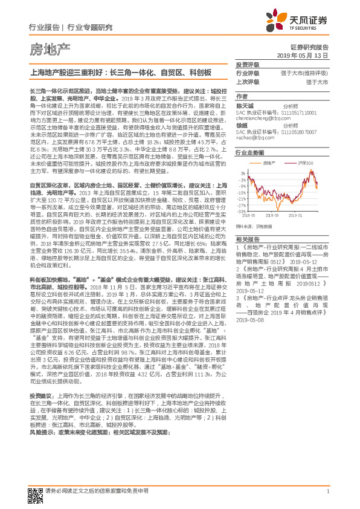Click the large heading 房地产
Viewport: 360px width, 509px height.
(50, 48)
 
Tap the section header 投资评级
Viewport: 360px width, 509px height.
(246, 65)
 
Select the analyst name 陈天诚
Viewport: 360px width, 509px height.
(244, 105)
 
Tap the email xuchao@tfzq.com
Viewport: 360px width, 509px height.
(254, 137)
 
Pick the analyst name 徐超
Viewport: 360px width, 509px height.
(242, 125)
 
